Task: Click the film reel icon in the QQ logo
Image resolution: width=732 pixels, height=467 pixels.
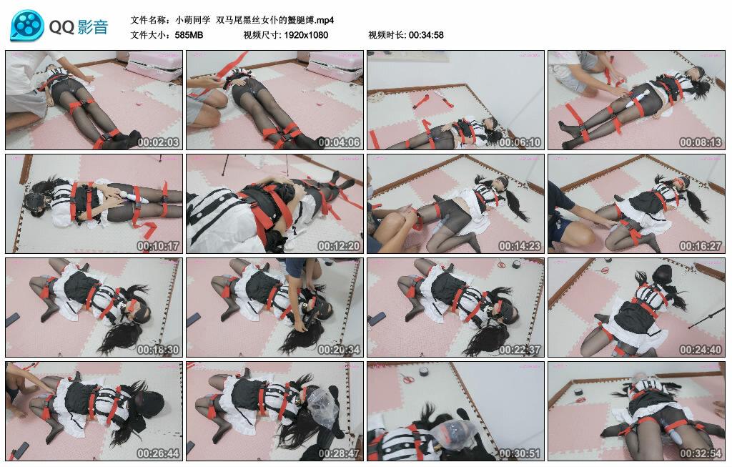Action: click(x=27, y=26)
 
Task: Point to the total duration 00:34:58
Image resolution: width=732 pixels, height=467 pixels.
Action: click(x=426, y=34)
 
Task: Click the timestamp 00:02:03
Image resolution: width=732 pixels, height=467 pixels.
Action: click(x=158, y=142)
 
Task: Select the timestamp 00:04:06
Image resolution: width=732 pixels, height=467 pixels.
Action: click(x=339, y=142)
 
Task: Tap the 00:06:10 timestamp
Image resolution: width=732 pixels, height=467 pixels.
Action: click(x=520, y=142)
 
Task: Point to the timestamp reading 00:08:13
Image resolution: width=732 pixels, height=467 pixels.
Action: click(x=701, y=142)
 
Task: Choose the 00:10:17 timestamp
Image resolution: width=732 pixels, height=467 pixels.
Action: click(x=158, y=246)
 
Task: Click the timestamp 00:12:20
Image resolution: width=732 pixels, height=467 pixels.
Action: click(x=339, y=246)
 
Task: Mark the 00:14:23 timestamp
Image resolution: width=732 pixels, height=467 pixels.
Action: click(x=520, y=246)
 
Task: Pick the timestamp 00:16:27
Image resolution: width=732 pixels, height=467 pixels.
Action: click(x=701, y=246)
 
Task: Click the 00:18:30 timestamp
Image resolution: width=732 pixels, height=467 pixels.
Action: click(x=158, y=350)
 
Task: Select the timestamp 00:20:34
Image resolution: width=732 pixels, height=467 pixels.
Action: click(x=339, y=350)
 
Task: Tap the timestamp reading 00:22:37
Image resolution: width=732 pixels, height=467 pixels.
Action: click(x=520, y=350)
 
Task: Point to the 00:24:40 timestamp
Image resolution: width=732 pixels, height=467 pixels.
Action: click(x=701, y=350)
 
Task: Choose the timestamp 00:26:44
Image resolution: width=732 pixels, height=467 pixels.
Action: click(x=158, y=453)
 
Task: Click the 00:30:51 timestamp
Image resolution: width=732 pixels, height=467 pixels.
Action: click(x=520, y=453)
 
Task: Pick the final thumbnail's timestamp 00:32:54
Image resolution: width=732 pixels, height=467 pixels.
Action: click(x=701, y=453)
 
